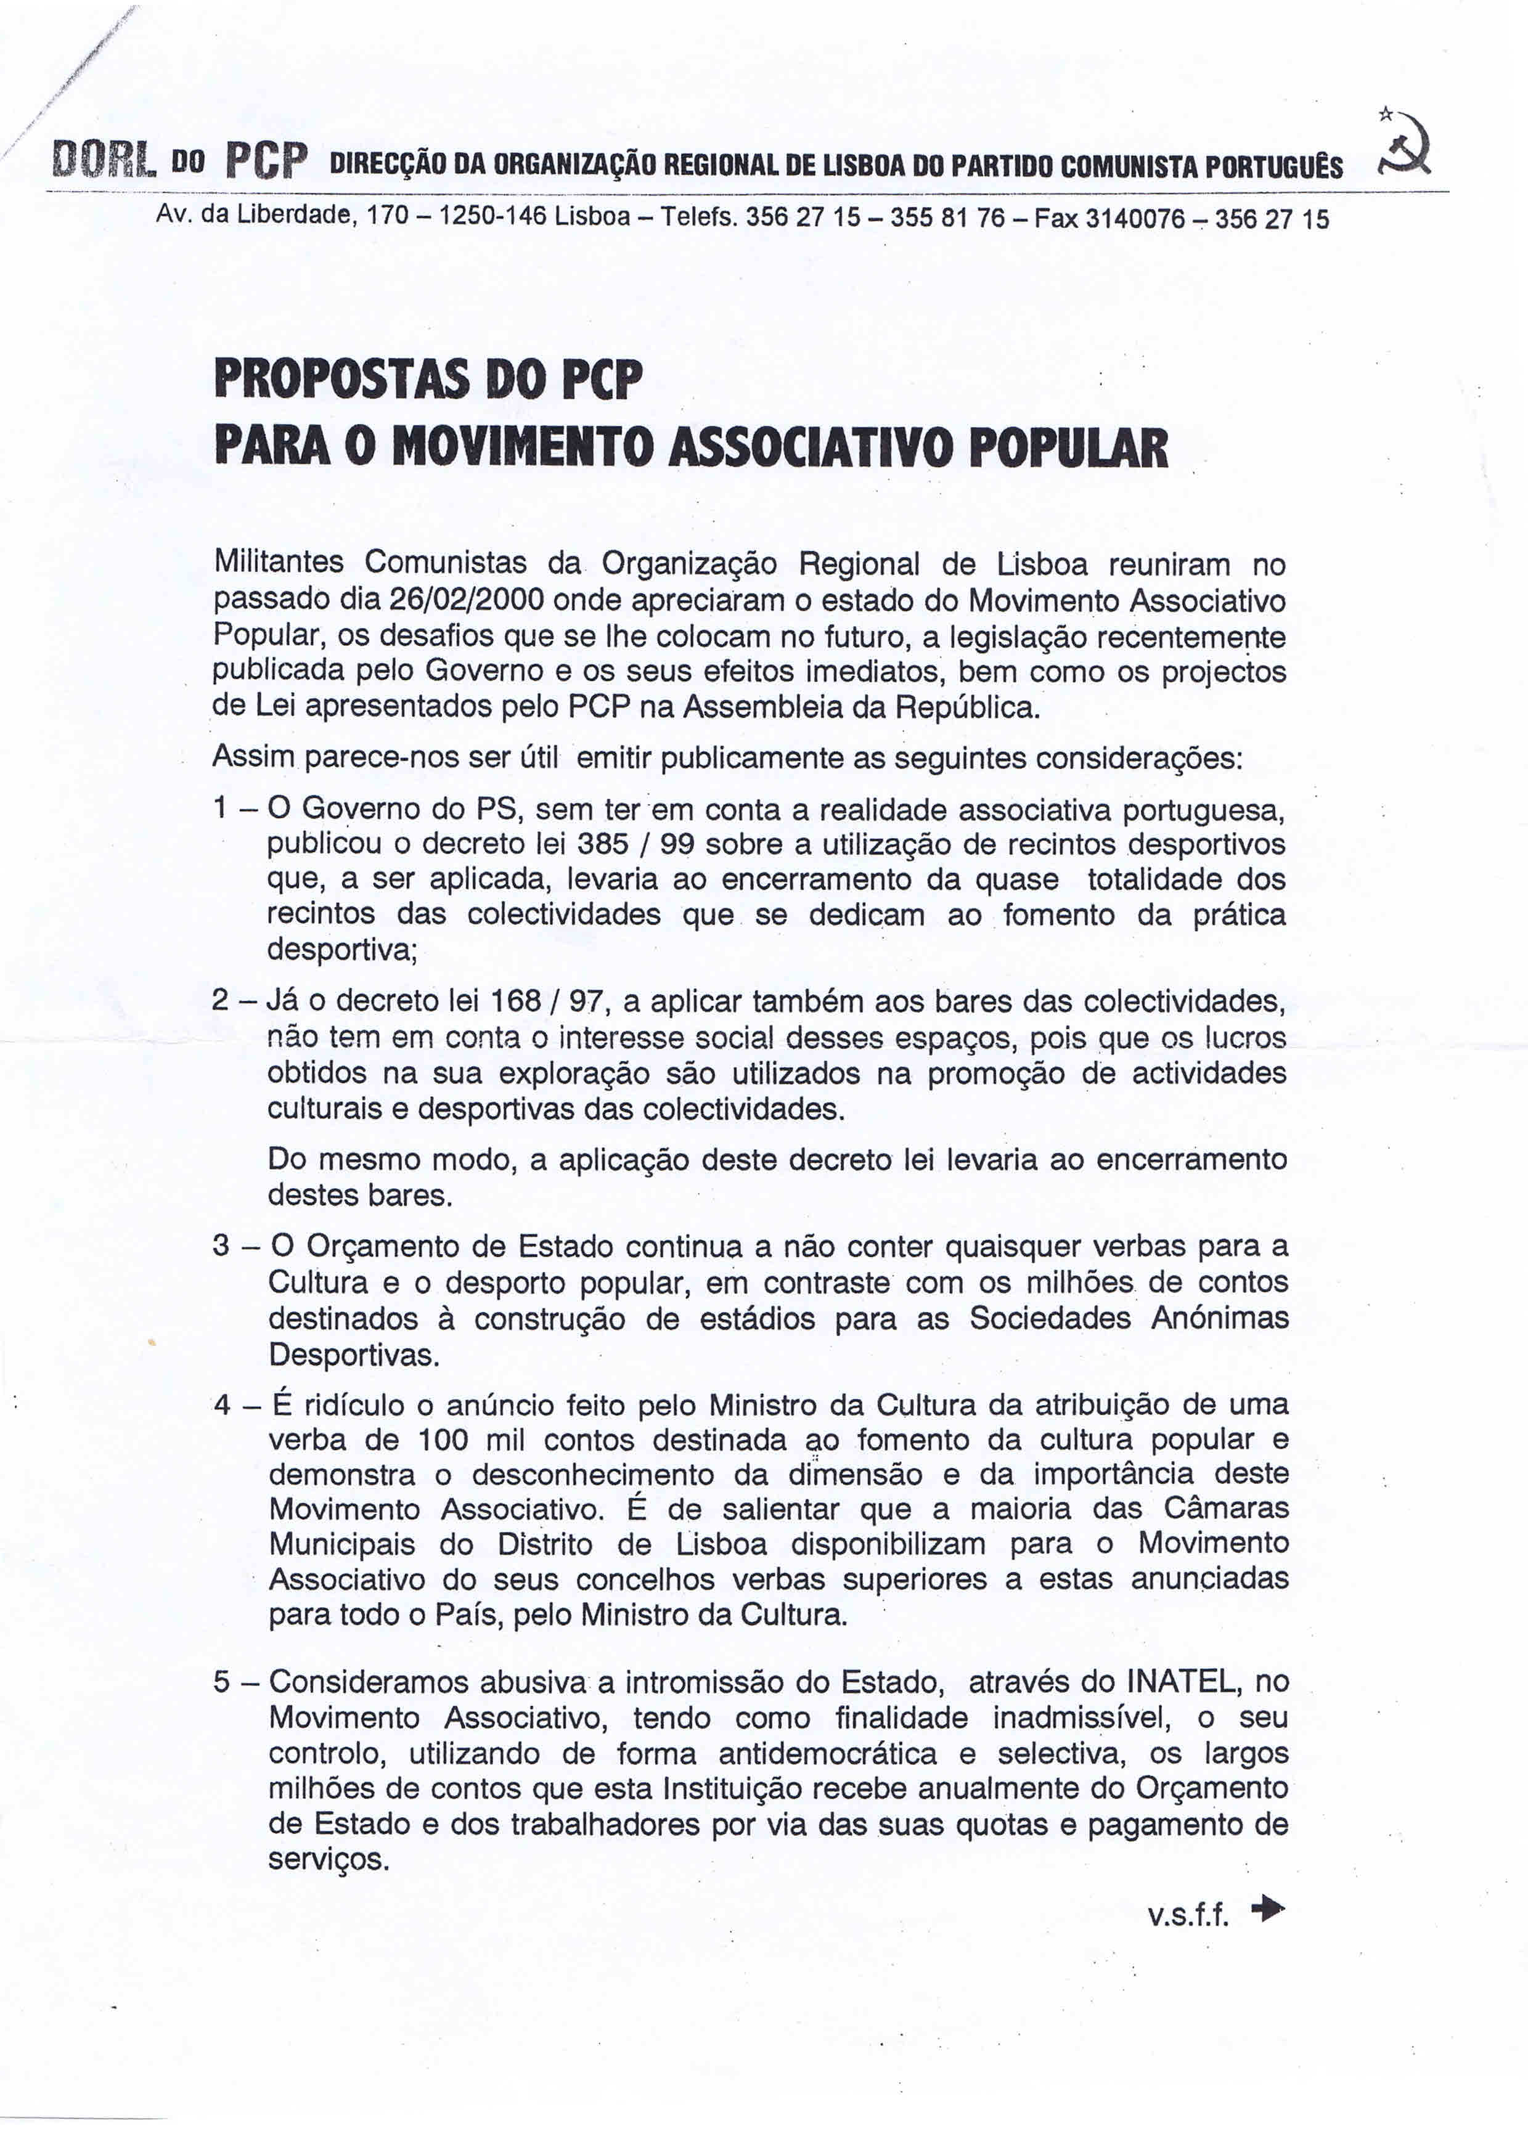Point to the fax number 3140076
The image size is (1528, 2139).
1135,219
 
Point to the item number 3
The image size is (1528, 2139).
221,1246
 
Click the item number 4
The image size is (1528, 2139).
222,1405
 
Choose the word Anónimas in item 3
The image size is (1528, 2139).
1219,1318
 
